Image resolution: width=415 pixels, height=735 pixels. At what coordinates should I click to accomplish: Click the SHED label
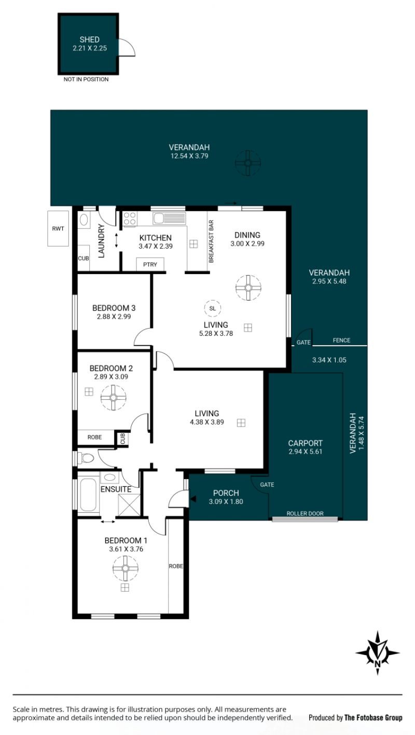[x=89, y=39]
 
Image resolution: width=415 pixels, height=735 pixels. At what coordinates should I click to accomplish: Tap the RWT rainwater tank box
[x=58, y=228]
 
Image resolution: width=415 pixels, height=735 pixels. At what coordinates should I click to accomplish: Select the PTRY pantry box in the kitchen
[x=150, y=265]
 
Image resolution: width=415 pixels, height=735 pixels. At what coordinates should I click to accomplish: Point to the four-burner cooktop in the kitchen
[x=130, y=219]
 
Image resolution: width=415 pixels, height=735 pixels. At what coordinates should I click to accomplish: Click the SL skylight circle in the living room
[x=212, y=308]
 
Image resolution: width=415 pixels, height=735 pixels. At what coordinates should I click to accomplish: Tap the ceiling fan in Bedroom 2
[x=114, y=398]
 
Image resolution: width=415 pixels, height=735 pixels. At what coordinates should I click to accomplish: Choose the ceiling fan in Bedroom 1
[x=125, y=568]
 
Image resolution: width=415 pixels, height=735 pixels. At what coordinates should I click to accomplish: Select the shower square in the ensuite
[x=129, y=505]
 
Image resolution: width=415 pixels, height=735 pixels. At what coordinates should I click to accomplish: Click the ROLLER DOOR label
[x=305, y=513]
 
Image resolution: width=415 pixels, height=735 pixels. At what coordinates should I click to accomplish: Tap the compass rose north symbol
[x=378, y=652]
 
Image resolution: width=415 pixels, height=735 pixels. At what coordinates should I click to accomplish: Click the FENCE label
[x=341, y=341]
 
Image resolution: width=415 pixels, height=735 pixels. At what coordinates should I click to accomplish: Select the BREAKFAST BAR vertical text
[x=211, y=241]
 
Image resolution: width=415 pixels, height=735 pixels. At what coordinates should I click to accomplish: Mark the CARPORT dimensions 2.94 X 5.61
[x=305, y=451]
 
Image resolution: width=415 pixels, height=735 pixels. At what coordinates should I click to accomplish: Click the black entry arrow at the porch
[x=193, y=499]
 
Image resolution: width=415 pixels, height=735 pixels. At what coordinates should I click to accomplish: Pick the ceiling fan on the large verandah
[x=248, y=163]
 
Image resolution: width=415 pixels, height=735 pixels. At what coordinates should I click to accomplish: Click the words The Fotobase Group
[x=373, y=717]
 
